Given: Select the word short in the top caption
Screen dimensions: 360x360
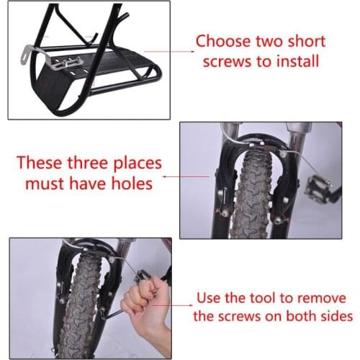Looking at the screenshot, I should point(303,42).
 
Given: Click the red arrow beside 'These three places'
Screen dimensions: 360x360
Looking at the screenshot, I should point(171,174).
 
